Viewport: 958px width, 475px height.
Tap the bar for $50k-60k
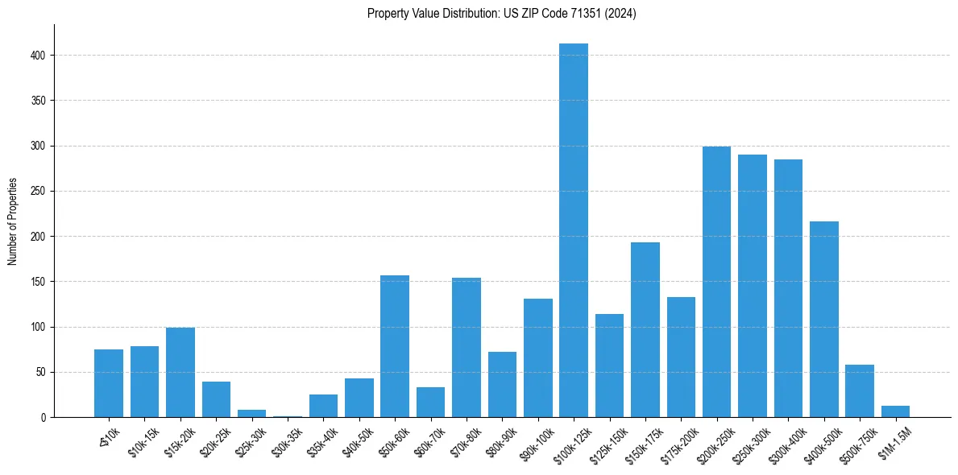tap(395, 346)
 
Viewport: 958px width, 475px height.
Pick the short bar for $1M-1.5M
tap(895, 412)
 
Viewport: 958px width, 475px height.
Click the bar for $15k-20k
tap(180, 372)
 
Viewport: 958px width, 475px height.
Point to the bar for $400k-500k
tap(823, 319)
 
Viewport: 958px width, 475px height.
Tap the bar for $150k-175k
tap(645, 330)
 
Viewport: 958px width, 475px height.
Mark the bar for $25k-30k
tap(251, 414)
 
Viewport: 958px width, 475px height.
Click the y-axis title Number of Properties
tap(13, 221)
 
